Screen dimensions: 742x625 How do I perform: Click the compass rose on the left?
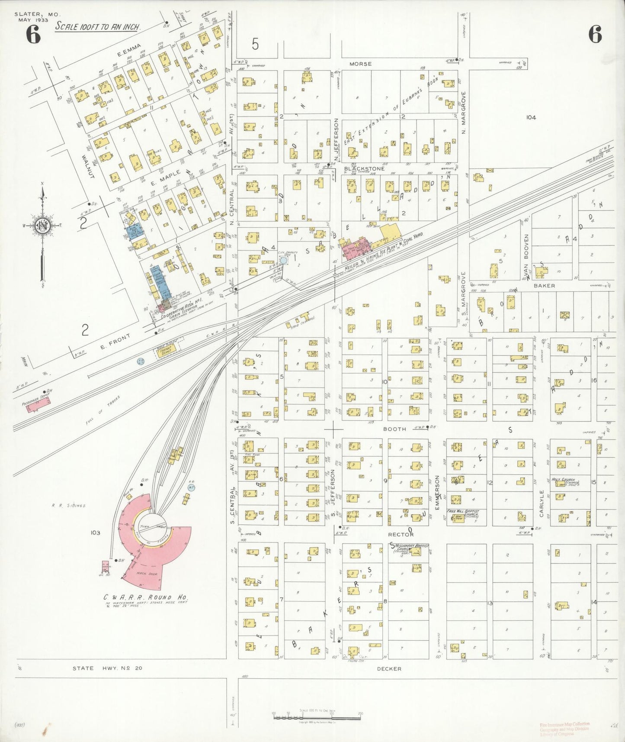click(x=43, y=226)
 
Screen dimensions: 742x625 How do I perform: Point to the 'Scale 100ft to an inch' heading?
click(x=98, y=27)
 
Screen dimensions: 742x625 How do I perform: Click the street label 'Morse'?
click(x=360, y=64)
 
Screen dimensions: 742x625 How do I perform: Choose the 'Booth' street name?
click(x=395, y=429)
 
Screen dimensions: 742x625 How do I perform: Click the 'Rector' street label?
click(x=401, y=535)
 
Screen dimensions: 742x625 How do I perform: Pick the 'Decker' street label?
click(x=389, y=668)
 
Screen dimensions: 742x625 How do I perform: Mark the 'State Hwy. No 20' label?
click(x=107, y=668)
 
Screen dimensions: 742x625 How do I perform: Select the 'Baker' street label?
click(x=544, y=286)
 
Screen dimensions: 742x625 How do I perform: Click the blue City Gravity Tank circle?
click(x=283, y=261)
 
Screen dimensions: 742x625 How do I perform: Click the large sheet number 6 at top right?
click(x=595, y=35)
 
